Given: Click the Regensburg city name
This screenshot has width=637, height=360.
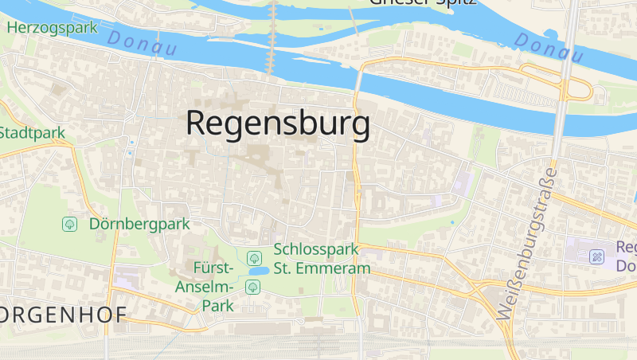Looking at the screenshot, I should pyautogui.click(x=278, y=124).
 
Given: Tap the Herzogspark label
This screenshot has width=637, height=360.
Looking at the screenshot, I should pyautogui.click(x=52, y=27).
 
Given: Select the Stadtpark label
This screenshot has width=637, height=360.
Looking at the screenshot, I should pyautogui.click(x=32, y=133).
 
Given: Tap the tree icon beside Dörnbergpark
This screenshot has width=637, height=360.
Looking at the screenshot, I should pyautogui.click(x=70, y=224).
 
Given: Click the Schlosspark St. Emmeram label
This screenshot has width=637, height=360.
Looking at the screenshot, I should pyautogui.click(x=322, y=258).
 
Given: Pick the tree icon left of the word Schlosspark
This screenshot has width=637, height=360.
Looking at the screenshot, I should pyautogui.click(x=254, y=257).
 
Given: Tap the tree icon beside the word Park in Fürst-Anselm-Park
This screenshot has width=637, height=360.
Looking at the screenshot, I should pyautogui.click(x=252, y=286).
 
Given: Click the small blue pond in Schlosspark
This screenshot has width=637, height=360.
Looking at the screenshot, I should pyautogui.click(x=257, y=272).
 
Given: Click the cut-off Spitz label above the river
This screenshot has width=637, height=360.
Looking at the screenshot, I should pyautogui.click(x=450, y=2).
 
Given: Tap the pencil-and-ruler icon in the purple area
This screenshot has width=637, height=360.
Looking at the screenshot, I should pyautogui.click(x=597, y=257).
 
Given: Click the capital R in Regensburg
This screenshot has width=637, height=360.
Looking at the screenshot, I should pyautogui.click(x=199, y=124).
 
